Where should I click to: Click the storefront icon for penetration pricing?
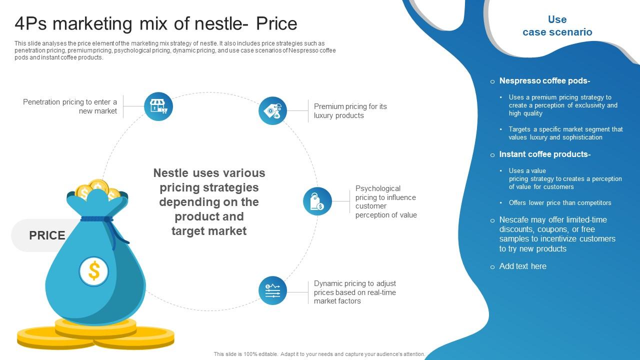point(158,106)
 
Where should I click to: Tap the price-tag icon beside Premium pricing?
point(272,110)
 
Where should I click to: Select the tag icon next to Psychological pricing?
point(317,201)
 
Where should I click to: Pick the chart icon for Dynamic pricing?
point(272,290)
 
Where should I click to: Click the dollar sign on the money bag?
point(93,271)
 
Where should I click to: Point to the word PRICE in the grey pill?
point(47,235)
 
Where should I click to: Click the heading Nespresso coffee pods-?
point(544,81)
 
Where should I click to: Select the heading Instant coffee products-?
point(544,154)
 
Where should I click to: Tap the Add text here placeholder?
point(522,266)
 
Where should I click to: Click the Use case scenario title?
point(557,25)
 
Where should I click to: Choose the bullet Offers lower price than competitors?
point(559,203)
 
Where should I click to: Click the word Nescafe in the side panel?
point(513,219)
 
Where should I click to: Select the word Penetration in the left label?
point(41,102)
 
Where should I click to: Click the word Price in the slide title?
point(276,23)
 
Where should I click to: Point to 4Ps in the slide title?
point(30,23)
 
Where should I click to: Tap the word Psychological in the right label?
point(377,188)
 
